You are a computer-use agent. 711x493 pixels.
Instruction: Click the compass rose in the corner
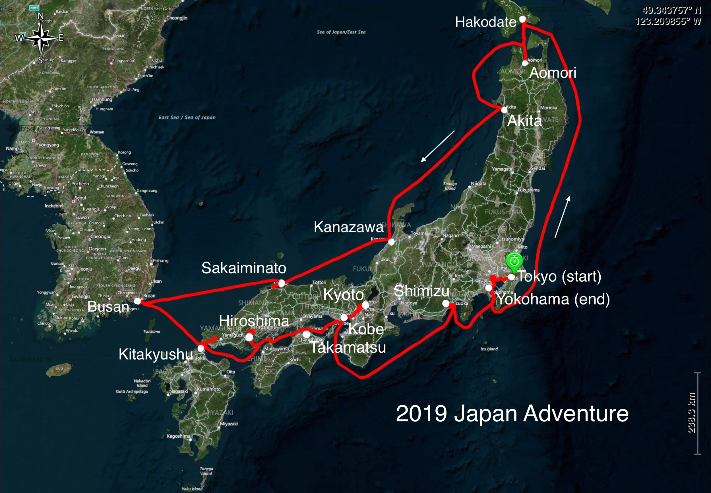40,38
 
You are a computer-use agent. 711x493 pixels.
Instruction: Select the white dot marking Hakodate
522,19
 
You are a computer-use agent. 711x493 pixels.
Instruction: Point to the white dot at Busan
138,301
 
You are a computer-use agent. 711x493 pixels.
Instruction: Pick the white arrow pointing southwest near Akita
438,146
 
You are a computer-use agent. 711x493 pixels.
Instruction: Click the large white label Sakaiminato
244,268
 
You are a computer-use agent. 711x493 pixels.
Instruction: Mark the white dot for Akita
504,110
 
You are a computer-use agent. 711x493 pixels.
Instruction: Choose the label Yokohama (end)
553,299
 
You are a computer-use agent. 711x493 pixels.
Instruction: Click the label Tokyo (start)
559,276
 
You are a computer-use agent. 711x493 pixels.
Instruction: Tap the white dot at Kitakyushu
201,348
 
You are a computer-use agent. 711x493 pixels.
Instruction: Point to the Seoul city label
80,198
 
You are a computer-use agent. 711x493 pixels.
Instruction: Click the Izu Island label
489,349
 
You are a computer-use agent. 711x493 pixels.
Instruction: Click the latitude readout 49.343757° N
671,10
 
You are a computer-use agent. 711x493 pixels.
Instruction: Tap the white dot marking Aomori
525,63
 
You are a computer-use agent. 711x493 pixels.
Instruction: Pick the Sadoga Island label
450,186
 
